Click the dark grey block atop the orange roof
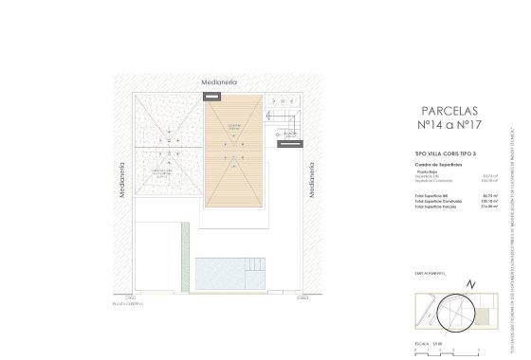click(212, 96)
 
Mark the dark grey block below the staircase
click(285, 144)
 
